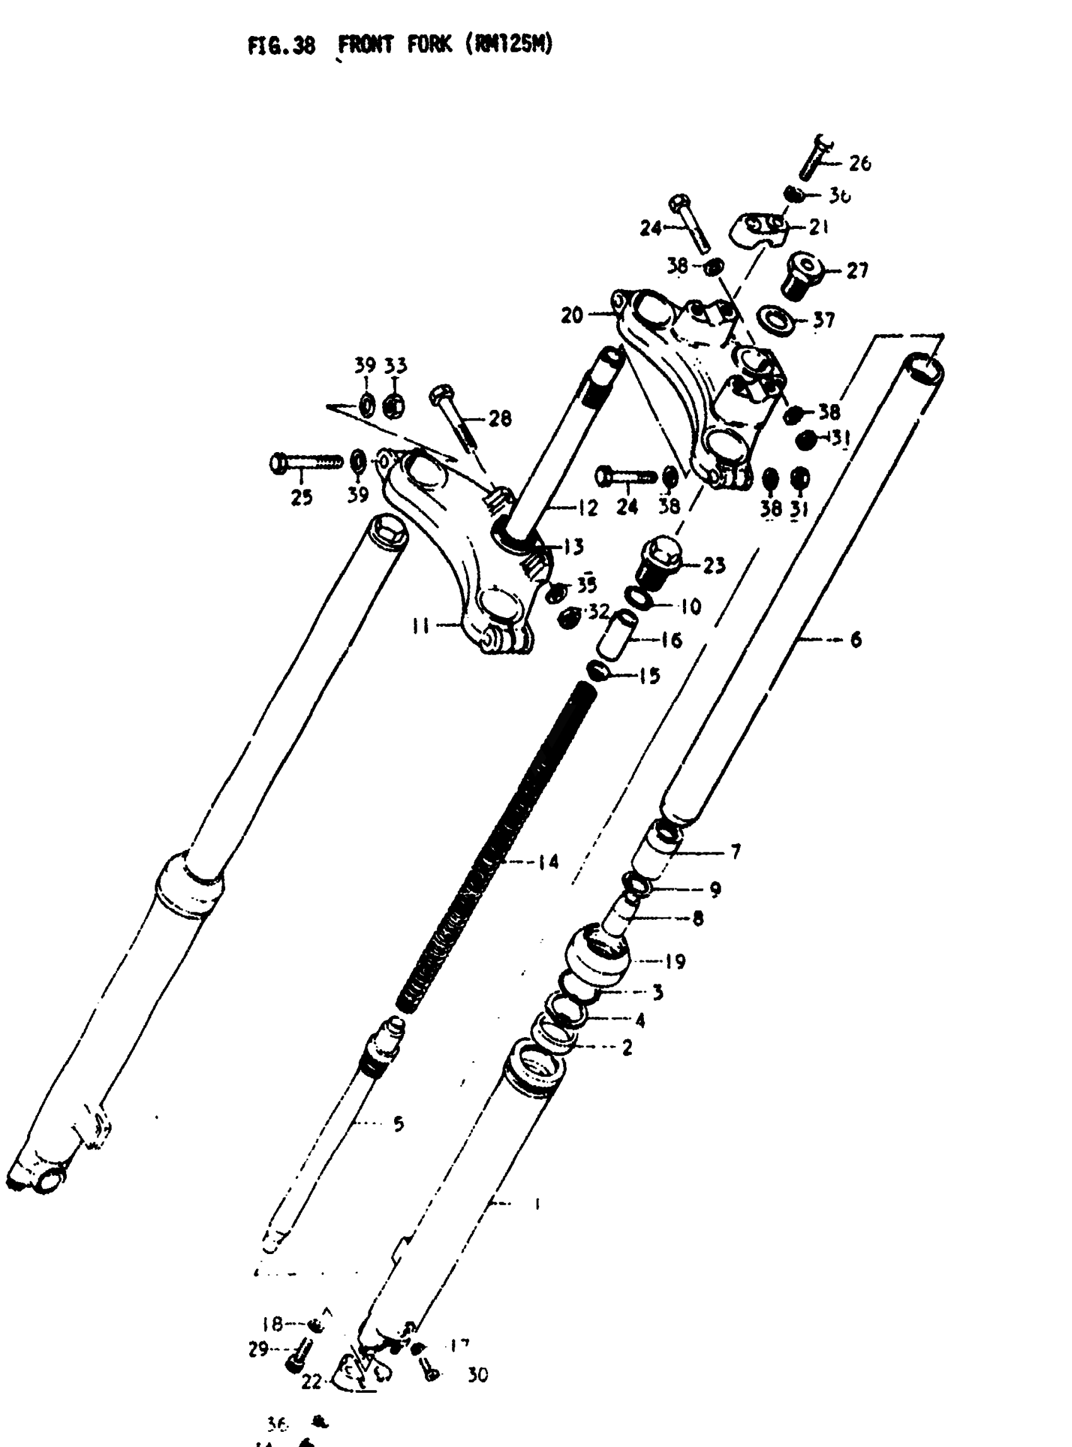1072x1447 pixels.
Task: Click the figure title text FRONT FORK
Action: [395, 45]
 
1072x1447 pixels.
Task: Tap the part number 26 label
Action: [859, 163]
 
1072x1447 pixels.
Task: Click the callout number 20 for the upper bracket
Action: [571, 316]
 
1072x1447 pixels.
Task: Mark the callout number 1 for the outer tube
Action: [537, 1204]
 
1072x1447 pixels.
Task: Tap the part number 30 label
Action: [477, 1374]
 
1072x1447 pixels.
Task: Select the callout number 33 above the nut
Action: [395, 366]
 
